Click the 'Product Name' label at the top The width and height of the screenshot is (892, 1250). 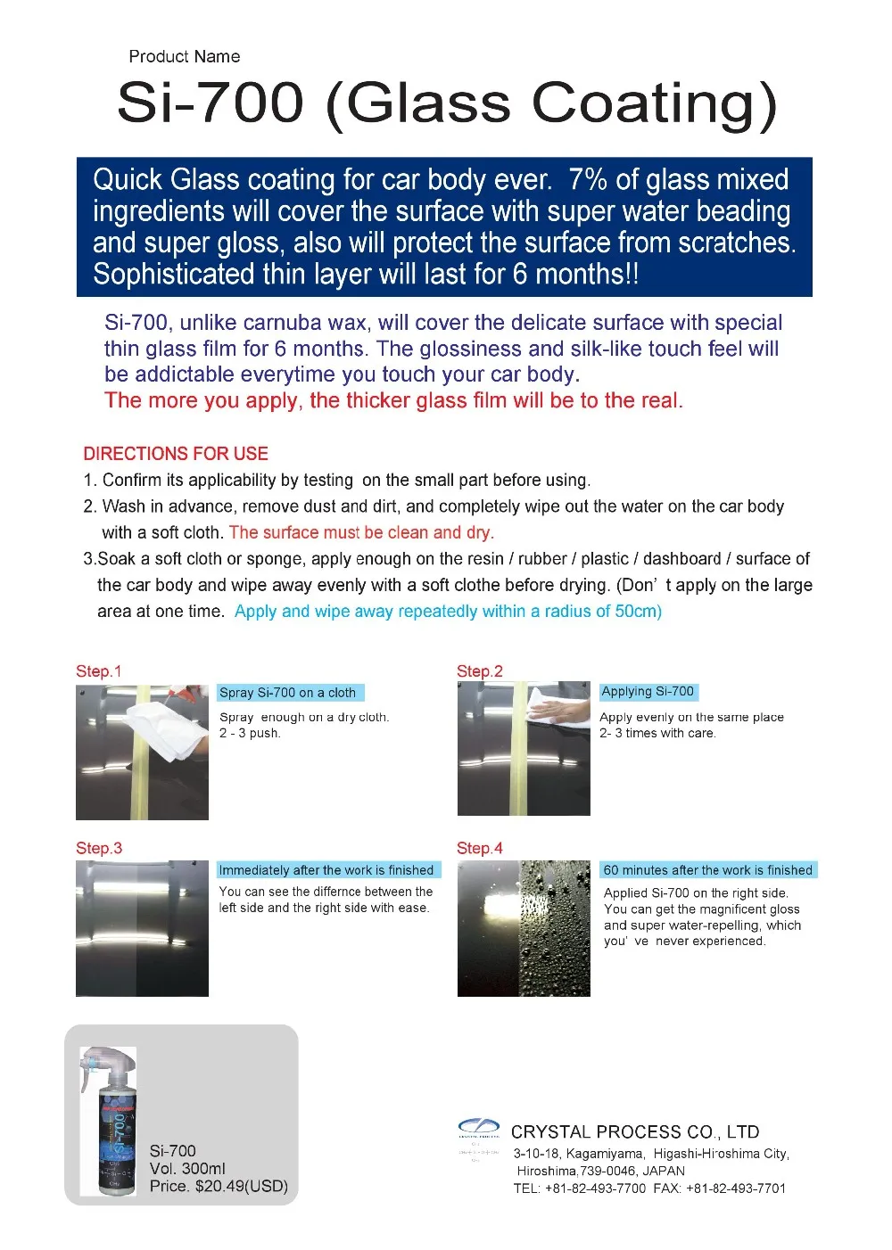(x=184, y=57)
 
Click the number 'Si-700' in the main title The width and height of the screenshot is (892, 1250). (x=211, y=103)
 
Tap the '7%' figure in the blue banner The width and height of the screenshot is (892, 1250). (x=588, y=180)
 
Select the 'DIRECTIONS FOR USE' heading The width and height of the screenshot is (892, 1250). (x=176, y=453)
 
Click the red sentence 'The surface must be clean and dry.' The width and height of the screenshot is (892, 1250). (x=361, y=532)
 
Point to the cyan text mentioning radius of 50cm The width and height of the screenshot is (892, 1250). (x=448, y=612)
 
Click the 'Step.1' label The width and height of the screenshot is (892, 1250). (x=98, y=671)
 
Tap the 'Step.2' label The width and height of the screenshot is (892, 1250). (x=480, y=671)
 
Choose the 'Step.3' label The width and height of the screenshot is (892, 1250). (x=99, y=848)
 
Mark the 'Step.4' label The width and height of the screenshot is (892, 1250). (x=480, y=848)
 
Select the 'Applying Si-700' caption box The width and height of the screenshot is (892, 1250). (x=648, y=691)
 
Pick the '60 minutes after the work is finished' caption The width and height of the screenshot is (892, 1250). (x=708, y=870)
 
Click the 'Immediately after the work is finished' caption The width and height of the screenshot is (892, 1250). (x=326, y=870)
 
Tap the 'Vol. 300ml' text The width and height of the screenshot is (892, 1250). (x=187, y=1168)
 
